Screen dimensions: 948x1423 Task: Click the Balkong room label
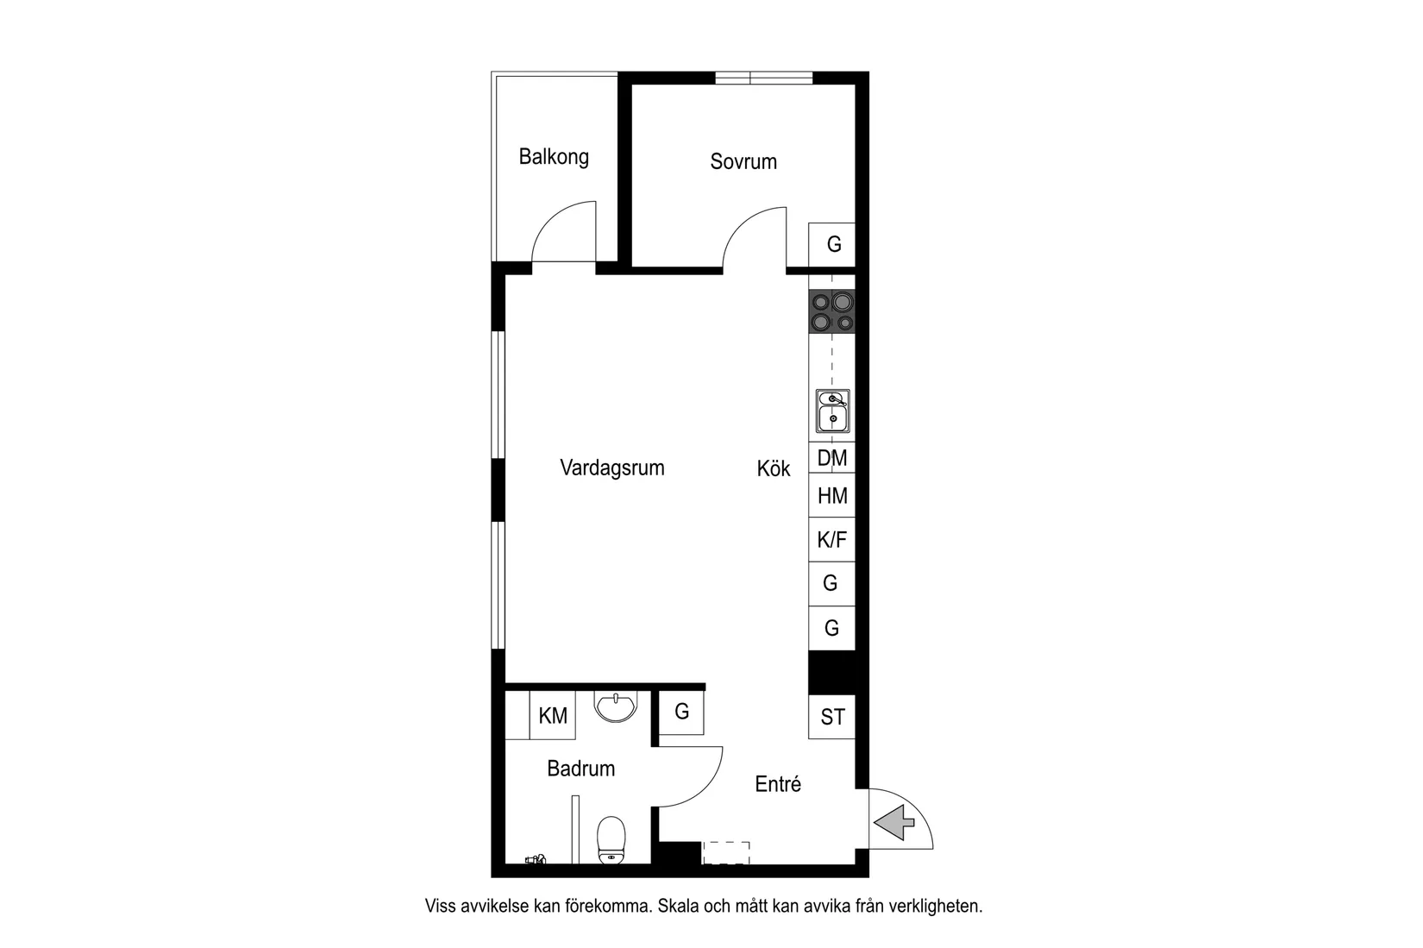click(554, 157)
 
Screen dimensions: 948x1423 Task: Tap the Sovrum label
click(743, 161)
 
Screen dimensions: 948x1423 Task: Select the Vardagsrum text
click(612, 468)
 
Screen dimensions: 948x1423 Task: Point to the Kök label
click(774, 468)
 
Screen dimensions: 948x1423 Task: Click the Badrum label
click(581, 769)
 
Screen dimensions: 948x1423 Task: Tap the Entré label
click(778, 784)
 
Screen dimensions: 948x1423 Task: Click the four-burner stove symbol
click(832, 312)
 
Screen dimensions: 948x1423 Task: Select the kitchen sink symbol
click(833, 411)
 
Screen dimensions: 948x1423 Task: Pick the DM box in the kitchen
click(832, 458)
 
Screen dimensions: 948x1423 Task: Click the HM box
click(832, 496)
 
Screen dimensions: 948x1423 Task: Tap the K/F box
click(832, 540)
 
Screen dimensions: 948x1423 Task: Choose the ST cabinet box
click(832, 717)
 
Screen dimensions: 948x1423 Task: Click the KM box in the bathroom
click(553, 716)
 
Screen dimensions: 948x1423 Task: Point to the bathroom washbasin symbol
click(616, 707)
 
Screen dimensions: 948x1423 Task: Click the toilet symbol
click(611, 838)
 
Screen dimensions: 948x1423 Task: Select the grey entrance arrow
click(895, 822)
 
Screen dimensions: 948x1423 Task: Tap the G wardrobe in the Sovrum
click(833, 244)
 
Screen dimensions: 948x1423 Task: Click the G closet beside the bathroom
click(682, 712)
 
